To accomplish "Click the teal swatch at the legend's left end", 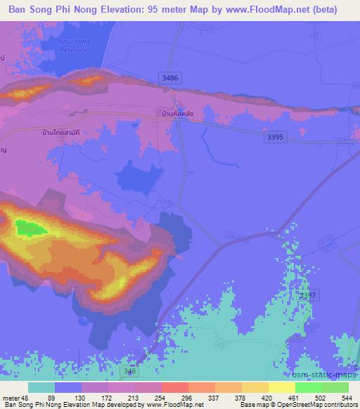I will [x=41, y=387].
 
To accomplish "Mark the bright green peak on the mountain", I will [x=30, y=228].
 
